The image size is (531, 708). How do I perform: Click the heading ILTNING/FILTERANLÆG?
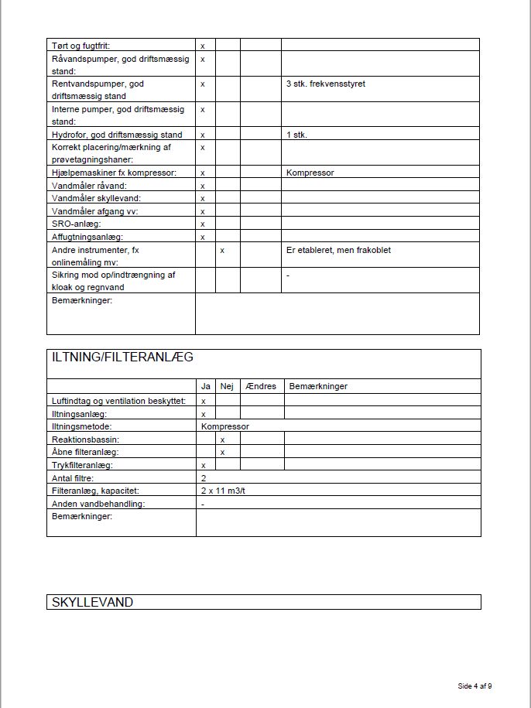pyautogui.click(x=122, y=357)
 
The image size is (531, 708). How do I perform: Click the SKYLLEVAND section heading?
pyautogui.click(x=92, y=602)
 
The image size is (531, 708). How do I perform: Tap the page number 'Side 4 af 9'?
pyautogui.click(x=474, y=686)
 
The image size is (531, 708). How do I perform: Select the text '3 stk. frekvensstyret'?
pyautogui.click(x=325, y=84)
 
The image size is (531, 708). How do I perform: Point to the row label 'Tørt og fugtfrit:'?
pyautogui.click(x=81, y=46)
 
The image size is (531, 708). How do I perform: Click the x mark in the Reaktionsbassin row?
pyautogui.click(x=222, y=439)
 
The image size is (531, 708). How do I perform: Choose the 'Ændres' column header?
pyautogui.click(x=260, y=386)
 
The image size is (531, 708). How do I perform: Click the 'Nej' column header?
pyautogui.click(x=227, y=386)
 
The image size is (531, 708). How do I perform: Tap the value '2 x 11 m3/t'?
pyautogui.click(x=223, y=491)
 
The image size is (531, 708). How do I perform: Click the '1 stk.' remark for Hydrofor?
pyautogui.click(x=296, y=135)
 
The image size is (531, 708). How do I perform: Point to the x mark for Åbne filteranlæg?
pyautogui.click(x=222, y=452)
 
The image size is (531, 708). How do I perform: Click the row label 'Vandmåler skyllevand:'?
pyautogui.click(x=96, y=198)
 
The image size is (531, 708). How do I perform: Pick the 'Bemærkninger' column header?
pyautogui.click(x=317, y=386)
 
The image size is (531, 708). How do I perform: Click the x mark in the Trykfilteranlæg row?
pyautogui.click(x=203, y=465)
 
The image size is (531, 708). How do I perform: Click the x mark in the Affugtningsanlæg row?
pyautogui.click(x=203, y=237)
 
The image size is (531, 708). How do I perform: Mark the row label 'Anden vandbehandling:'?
pyautogui.click(x=98, y=504)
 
